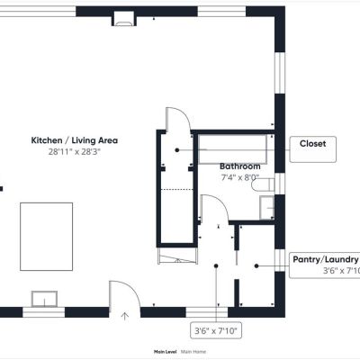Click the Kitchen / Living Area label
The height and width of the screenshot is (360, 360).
[x=75, y=140]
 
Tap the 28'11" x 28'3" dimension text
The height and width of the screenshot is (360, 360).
[x=75, y=152]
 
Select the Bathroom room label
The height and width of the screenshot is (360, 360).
[x=240, y=166]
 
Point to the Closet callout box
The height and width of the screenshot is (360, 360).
[x=313, y=149]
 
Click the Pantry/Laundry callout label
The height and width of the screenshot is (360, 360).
[x=326, y=259]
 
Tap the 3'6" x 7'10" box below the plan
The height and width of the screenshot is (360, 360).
[x=216, y=331]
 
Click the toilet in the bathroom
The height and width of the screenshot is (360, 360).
[x=263, y=184]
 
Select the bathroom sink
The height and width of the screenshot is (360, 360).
[x=266, y=208]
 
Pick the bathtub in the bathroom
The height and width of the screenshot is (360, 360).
[x=233, y=149]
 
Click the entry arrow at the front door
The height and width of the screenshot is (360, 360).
[x=125, y=316]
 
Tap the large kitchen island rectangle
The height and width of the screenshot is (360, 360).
[x=47, y=237]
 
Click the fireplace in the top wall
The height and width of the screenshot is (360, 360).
[x=124, y=20]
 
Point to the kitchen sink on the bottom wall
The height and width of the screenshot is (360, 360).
[x=44, y=299]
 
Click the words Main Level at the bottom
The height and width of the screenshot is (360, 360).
[x=165, y=352]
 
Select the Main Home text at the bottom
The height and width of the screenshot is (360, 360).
[x=193, y=352]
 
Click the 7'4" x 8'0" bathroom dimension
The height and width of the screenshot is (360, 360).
[x=240, y=177]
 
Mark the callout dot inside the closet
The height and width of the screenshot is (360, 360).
[x=177, y=149]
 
